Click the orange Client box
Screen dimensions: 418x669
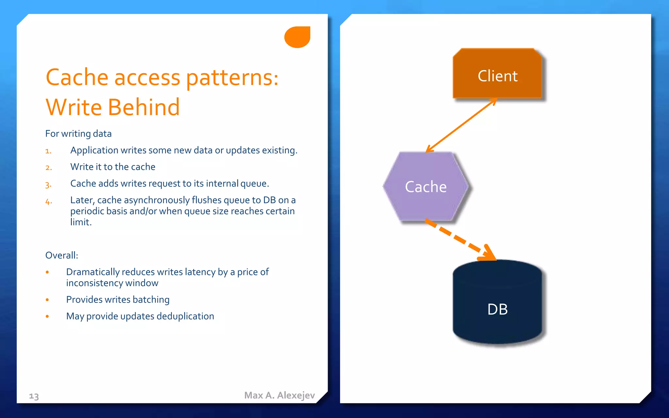click(497, 74)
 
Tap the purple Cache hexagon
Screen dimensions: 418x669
click(426, 187)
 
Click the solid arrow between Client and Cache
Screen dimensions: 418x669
click(461, 125)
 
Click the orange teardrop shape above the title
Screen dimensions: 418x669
click(297, 37)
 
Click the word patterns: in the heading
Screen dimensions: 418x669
click(232, 78)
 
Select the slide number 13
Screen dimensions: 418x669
click(34, 396)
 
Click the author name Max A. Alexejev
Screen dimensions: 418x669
click(279, 395)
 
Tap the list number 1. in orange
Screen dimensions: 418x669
click(48, 151)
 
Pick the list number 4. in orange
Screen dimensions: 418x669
click(48, 201)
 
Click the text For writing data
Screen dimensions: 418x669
click(78, 134)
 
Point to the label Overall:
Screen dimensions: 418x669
click(62, 255)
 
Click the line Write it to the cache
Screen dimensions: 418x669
click(113, 167)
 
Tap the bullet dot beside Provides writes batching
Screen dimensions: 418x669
click(47, 300)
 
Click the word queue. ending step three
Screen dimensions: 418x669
click(255, 184)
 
